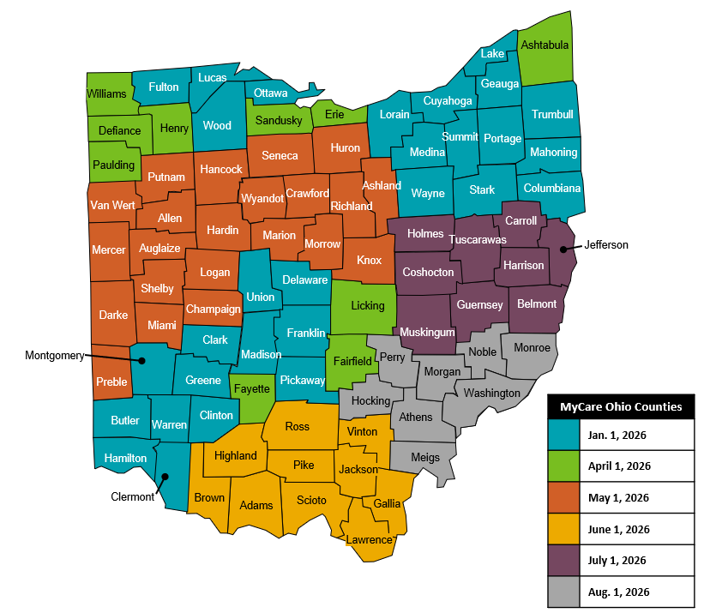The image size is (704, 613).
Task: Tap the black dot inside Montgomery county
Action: point(142,361)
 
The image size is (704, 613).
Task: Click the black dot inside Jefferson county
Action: point(563,249)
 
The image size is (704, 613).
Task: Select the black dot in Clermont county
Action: point(165,477)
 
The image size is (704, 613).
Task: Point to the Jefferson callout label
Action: point(606,245)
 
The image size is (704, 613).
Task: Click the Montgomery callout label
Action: point(54,355)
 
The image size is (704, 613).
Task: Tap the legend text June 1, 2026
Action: point(620,529)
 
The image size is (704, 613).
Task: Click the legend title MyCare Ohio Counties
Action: point(621,406)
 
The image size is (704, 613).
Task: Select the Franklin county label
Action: point(306,333)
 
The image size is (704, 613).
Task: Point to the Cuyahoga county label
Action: point(447,101)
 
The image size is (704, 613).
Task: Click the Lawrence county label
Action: point(369,540)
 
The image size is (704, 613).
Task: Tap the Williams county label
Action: point(106,93)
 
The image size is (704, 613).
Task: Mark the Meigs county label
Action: point(425,458)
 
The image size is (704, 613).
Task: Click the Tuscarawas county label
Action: point(478,239)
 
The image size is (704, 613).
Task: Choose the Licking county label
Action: point(367,305)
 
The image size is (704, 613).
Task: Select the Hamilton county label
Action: point(125,458)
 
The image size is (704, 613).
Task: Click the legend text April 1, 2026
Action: point(620,466)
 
